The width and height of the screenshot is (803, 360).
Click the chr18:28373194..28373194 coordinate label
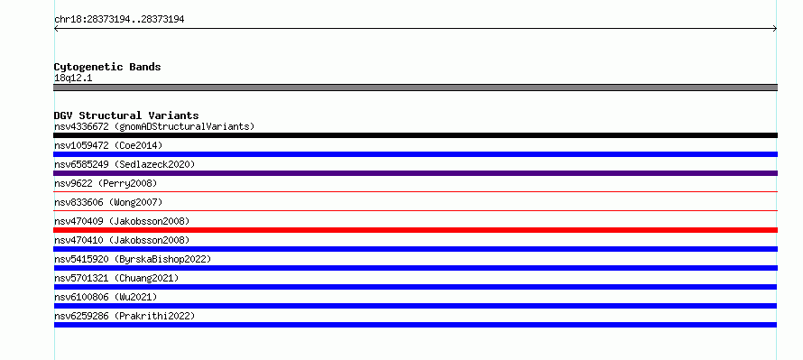[119, 20]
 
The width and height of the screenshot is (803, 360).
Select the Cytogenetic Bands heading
[107, 67]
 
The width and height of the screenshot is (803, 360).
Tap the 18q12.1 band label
[73, 78]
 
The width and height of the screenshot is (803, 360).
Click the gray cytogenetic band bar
[415, 88]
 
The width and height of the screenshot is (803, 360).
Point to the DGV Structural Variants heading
[126, 115]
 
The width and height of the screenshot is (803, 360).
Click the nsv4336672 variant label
[154, 126]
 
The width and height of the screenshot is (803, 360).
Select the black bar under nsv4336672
[415, 135]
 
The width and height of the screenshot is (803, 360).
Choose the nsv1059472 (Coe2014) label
[108, 145]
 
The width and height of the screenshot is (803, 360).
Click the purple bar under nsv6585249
[415, 173]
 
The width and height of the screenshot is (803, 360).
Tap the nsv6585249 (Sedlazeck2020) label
[125, 164]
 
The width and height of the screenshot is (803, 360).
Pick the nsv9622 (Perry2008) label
[106, 183]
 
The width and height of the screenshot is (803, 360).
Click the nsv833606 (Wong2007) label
[108, 202]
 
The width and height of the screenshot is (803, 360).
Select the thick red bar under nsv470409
[415, 230]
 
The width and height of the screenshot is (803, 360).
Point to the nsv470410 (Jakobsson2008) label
[122, 240]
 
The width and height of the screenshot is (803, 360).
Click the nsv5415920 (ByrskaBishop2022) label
[133, 259]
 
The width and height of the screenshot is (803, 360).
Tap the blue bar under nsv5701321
[415, 287]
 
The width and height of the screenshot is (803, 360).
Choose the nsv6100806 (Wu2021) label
[106, 297]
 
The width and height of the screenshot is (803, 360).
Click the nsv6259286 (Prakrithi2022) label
[125, 316]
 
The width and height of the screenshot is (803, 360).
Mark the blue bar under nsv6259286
[415, 325]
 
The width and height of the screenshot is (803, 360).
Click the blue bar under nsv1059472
[415, 154]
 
